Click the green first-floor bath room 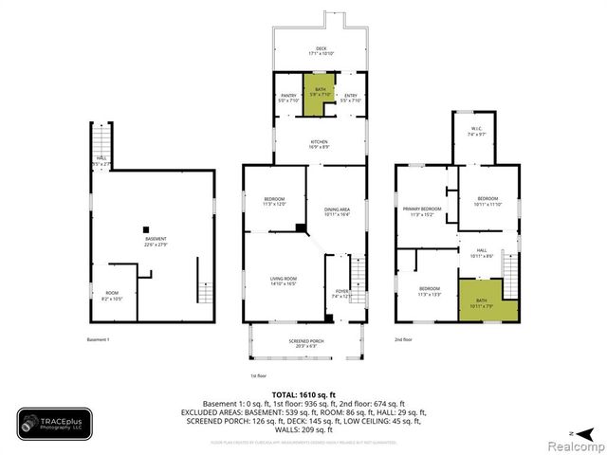(x=320, y=95)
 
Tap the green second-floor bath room (x=488, y=300)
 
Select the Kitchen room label (x=319, y=144)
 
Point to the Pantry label (x=288, y=98)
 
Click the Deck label (x=319, y=50)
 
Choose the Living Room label (x=283, y=280)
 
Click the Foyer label (x=341, y=294)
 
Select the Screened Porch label (x=305, y=342)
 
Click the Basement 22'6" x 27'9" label (x=155, y=241)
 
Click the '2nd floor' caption (x=404, y=339)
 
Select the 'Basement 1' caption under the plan (x=99, y=339)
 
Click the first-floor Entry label (x=351, y=98)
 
